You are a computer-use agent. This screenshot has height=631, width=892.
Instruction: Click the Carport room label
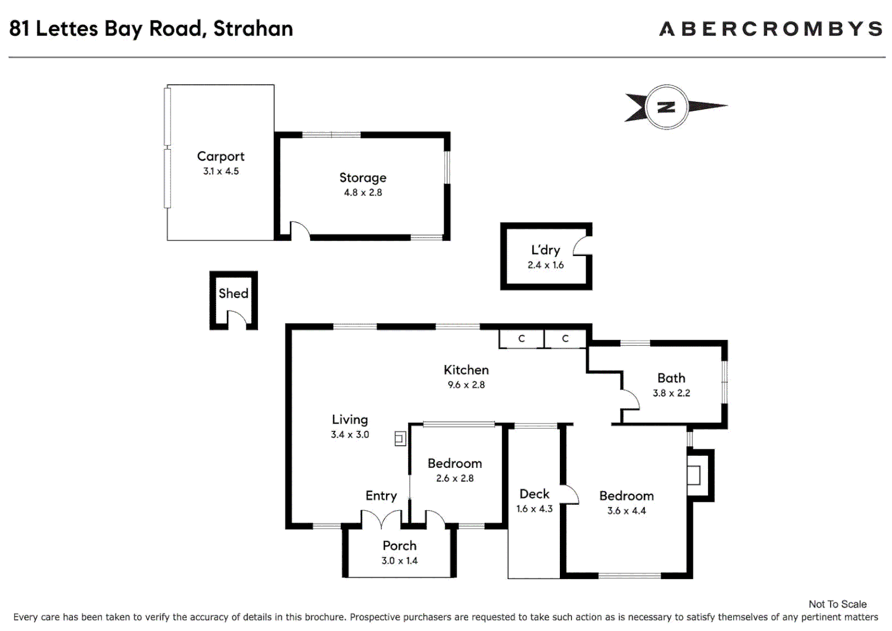[221, 157]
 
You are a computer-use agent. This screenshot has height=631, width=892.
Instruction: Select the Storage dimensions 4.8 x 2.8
[363, 193]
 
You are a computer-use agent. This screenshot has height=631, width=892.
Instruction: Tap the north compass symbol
[667, 107]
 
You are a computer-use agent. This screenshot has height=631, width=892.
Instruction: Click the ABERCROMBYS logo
[771, 29]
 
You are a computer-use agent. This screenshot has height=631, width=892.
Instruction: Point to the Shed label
[234, 293]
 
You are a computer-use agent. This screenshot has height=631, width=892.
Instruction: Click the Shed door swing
[236, 318]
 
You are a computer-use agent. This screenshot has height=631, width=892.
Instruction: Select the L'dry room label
[545, 250]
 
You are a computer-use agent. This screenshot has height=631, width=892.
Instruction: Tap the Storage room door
[300, 230]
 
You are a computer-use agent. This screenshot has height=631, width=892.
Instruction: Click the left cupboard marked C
[521, 339]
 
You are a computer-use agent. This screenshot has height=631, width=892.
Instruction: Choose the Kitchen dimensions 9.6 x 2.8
[466, 385]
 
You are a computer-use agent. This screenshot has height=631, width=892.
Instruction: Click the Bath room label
[671, 378]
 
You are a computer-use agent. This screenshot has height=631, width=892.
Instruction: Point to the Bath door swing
[630, 400]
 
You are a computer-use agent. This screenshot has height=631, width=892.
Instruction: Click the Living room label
[350, 419]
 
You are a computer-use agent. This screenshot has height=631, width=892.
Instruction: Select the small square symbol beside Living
[400, 438]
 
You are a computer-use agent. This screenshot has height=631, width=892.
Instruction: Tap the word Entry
[381, 496]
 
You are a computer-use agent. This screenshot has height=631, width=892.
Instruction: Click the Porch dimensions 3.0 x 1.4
[399, 561]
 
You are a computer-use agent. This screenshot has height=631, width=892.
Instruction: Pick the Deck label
[534, 494]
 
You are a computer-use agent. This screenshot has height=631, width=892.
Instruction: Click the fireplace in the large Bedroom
[695, 475]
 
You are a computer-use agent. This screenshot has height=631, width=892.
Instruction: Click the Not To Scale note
[837, 604]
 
